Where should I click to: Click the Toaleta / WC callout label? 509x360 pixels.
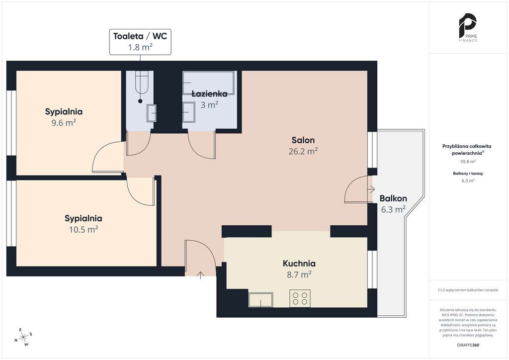140,42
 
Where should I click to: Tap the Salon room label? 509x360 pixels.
303,140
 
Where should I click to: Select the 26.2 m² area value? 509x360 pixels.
303,151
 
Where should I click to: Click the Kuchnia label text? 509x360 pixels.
299,264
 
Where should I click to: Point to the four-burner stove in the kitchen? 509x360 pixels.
300,298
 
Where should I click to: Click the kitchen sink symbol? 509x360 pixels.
260,300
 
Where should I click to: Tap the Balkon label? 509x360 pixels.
393,198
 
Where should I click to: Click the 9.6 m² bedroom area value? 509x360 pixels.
64,123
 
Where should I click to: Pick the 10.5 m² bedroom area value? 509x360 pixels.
84,230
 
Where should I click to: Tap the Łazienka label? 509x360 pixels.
209,94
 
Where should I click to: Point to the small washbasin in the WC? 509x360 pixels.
152,113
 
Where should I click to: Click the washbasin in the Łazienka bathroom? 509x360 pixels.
188,112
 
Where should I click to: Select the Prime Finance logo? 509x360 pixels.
468,27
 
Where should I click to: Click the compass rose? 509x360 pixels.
24,338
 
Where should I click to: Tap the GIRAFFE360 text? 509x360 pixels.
468,345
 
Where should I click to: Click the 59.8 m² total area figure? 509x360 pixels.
468,161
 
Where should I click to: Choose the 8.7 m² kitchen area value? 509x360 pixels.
299,274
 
